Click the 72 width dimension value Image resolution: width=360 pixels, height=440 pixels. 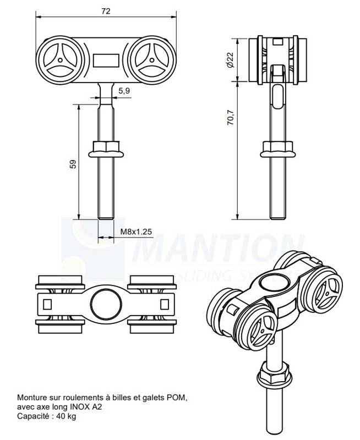coord(106,11)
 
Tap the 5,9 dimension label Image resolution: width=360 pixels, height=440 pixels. coord(124,91)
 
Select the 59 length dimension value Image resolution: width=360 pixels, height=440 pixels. coord(73,164)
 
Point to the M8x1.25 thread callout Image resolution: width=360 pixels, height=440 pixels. coord(136,232)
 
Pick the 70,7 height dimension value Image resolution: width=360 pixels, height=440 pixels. coord(230,117)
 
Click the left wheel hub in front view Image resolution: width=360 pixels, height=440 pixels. coord(60,60)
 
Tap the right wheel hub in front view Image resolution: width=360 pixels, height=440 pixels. coord(152,60)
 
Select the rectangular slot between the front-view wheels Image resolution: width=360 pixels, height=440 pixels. coord(106,61)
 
